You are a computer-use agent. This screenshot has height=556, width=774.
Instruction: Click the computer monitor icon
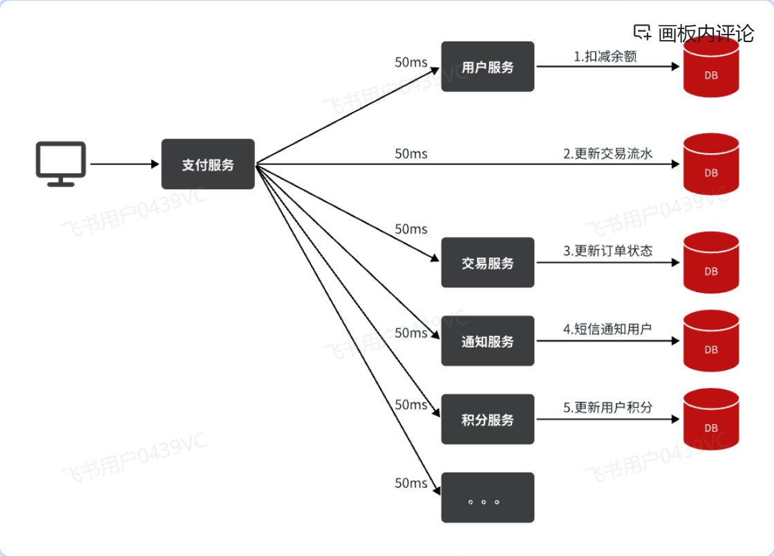(61, 164)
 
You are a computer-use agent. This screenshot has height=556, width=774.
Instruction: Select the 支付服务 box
(208, 164)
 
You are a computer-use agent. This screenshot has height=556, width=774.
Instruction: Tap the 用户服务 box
(488, 67)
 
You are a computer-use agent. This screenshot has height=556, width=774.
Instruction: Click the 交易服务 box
(488, 262)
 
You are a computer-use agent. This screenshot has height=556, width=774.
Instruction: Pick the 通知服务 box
(488, 341)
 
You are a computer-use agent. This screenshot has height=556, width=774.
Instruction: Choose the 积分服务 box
(488, 419)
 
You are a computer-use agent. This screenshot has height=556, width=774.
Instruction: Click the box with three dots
(488, 498)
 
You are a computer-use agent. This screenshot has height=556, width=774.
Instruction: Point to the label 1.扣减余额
(605, 57)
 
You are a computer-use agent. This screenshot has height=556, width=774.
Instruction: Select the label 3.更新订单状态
(607, 251)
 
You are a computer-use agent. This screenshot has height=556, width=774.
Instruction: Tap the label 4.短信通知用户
(607, 329)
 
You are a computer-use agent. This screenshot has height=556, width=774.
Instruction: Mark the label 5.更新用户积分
(607, 408)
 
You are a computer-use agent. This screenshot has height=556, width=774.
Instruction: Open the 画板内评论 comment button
(694, 32)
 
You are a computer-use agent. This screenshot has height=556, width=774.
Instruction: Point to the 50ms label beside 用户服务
(411, 62)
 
